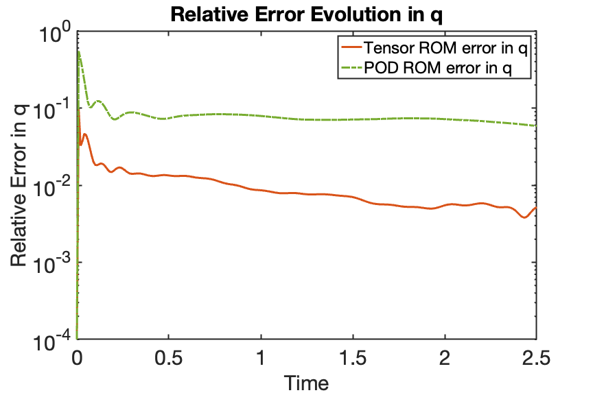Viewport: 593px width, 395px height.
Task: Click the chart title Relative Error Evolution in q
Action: coord(306,15)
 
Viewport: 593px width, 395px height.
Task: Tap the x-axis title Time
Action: coord(306,383)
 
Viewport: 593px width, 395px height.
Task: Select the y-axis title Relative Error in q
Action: coord(19,185)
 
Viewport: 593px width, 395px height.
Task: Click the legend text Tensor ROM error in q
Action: coord(445,48)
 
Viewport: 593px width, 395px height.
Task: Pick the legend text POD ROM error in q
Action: coord(438,68)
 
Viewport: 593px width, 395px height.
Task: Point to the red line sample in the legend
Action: coord(351,47)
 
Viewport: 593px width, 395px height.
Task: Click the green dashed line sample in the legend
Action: coord(351,68)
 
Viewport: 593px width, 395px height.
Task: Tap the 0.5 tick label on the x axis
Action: coord(169,357)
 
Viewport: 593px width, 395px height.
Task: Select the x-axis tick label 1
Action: coord(261,357)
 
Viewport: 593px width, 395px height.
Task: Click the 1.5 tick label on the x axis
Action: coord(353,357)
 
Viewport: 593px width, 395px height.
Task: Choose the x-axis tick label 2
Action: coord(445,357)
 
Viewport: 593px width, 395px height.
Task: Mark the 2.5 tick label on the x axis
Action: coord(536,357)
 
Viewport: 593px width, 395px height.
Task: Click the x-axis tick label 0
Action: coord(77,357)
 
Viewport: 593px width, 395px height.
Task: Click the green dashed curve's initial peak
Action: coord(79,51)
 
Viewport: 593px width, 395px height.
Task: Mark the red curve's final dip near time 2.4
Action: coord(524,217)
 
